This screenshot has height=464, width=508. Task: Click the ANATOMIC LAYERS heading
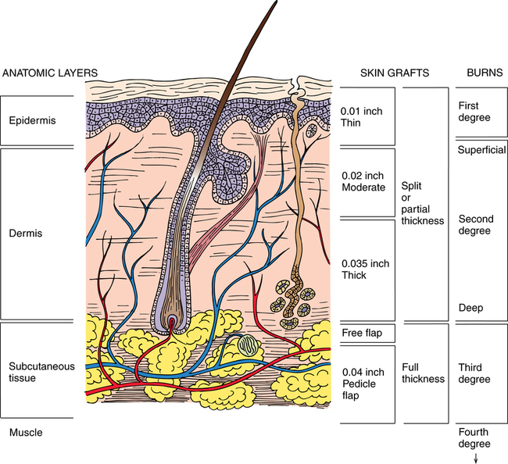click(44, 73)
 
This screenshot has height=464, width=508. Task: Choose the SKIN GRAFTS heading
click(395, 73)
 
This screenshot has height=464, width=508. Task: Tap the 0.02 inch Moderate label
click(364, 181)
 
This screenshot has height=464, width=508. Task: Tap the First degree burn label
click(474, 112)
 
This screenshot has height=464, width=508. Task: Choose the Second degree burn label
click(476, 225)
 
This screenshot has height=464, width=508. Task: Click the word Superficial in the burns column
click(481, 150)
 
